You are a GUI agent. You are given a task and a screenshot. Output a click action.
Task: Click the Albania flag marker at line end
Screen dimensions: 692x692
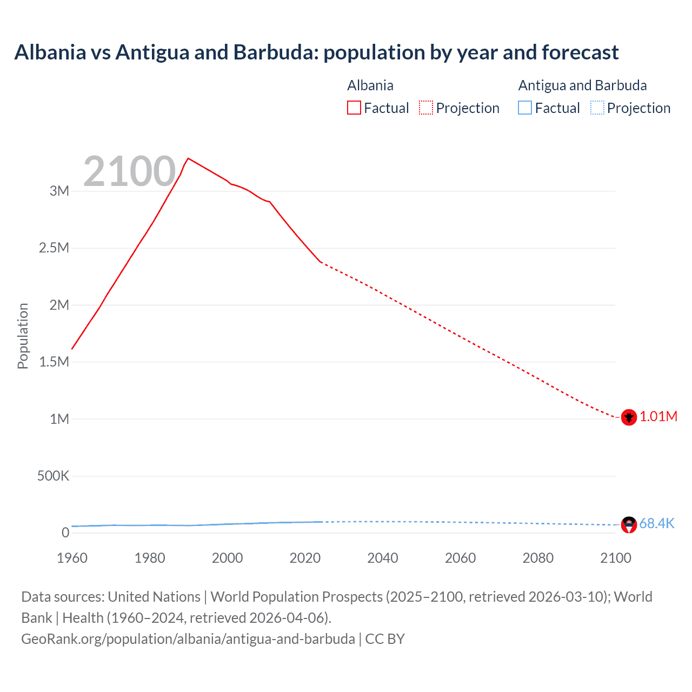[x=628, y=417]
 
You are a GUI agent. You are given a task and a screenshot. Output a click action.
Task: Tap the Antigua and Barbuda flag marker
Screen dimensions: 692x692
[x=628, y=524]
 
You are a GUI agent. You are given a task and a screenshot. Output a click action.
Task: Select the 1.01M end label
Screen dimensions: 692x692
[x=658, y=416]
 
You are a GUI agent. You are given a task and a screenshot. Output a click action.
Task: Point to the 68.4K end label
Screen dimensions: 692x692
[x=657, y=523]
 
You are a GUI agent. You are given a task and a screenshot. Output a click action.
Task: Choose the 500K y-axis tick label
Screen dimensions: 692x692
[x=53, y=476]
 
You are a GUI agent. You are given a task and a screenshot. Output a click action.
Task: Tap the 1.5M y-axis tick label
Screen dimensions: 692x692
[x=54, y=362]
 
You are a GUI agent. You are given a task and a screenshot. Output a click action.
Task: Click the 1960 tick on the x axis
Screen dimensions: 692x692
[x=72, y=558]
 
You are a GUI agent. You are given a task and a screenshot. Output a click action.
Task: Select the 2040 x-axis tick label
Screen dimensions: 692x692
[x=383, y=558]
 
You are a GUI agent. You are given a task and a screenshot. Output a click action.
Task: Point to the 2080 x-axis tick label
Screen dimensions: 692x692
[x=538, y=558]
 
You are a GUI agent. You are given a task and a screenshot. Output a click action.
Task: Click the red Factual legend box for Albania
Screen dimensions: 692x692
[x=354, y=108]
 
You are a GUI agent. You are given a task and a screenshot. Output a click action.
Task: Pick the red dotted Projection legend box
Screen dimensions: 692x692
[x=426, y=108]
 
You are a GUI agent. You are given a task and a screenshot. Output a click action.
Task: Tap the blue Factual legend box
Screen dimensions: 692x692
[x=525, y=108]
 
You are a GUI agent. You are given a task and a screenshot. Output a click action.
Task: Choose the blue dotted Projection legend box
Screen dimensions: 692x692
[x=597, y=108]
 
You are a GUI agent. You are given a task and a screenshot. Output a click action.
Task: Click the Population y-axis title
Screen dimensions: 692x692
[x=23, y=336]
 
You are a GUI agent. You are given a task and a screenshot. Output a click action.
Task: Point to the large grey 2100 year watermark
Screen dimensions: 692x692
[x=130, y=171]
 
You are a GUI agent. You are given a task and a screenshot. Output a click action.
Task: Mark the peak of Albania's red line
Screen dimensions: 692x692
[x=188, y=158]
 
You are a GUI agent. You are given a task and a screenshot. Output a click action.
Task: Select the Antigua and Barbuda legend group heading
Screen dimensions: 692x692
[x=582, y=85]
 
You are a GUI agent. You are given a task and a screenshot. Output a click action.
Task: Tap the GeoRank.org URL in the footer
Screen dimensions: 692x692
[x=188, y=638]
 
